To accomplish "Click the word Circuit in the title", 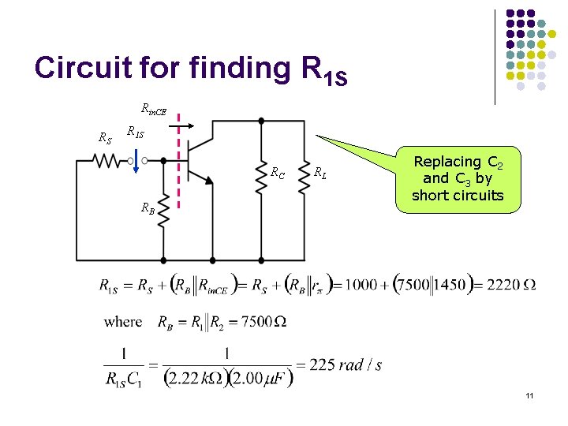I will [x=84, y=69].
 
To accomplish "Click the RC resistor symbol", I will [x=261, y=181].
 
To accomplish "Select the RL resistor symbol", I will [x=305, y=181].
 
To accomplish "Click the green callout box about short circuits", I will [x=457, y=178].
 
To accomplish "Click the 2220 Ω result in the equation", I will [x=511, y=284].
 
